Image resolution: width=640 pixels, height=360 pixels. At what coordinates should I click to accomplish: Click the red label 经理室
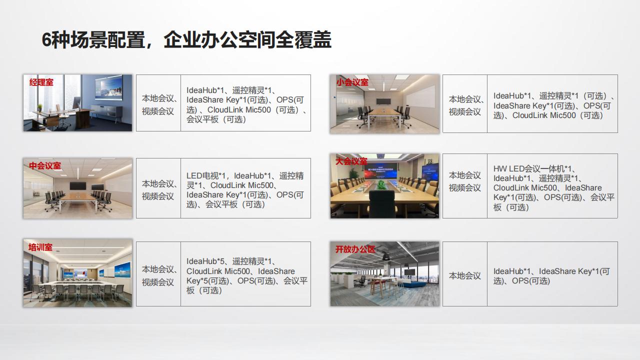click(x=41, y=82)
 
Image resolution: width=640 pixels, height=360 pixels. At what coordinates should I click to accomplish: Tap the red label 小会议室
click(x=352, y=82)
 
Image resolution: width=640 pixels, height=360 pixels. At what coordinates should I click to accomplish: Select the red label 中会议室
click(x=45, y=165)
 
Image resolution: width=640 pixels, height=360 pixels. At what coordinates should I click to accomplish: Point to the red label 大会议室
click(x=351, y=161)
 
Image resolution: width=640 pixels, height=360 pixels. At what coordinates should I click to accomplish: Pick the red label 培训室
click(x=40, y=247)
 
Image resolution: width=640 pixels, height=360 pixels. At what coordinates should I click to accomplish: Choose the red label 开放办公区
click(x=355, y=249)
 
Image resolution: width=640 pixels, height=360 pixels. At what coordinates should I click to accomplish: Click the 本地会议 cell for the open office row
click(x=464, y=276)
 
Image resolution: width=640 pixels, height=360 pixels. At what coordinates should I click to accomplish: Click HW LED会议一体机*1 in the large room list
click(x=534, y=169)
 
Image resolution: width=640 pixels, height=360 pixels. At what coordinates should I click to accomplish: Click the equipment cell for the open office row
click(x=551, y=276)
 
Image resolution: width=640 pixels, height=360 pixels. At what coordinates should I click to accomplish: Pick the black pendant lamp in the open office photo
click(x=386, y=256)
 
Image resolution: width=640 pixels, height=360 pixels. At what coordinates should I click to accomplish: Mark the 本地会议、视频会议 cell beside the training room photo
click(x=158, y=275)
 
